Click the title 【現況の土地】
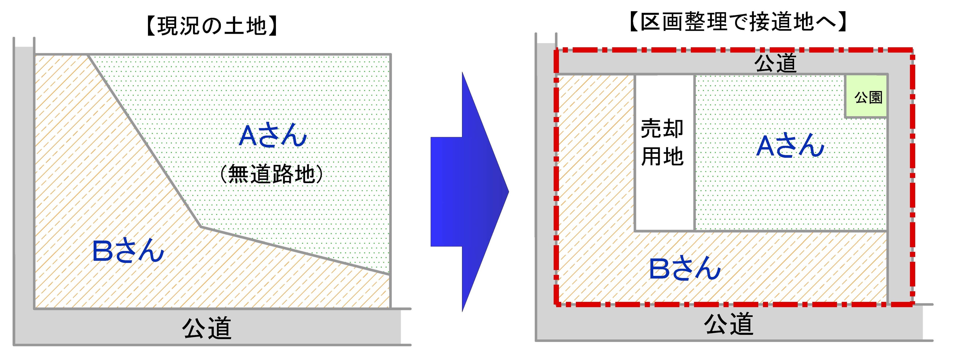click(212, 26)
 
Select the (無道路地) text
click(272, 174)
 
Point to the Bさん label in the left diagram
click(128, 251)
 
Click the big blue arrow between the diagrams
click(470, 191)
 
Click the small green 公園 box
click(866, 97)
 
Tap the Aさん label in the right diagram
click(790, 146)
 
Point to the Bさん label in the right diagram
click(685, 268)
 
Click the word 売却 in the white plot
click(662, 128)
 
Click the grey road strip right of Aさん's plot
click(899, 185)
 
